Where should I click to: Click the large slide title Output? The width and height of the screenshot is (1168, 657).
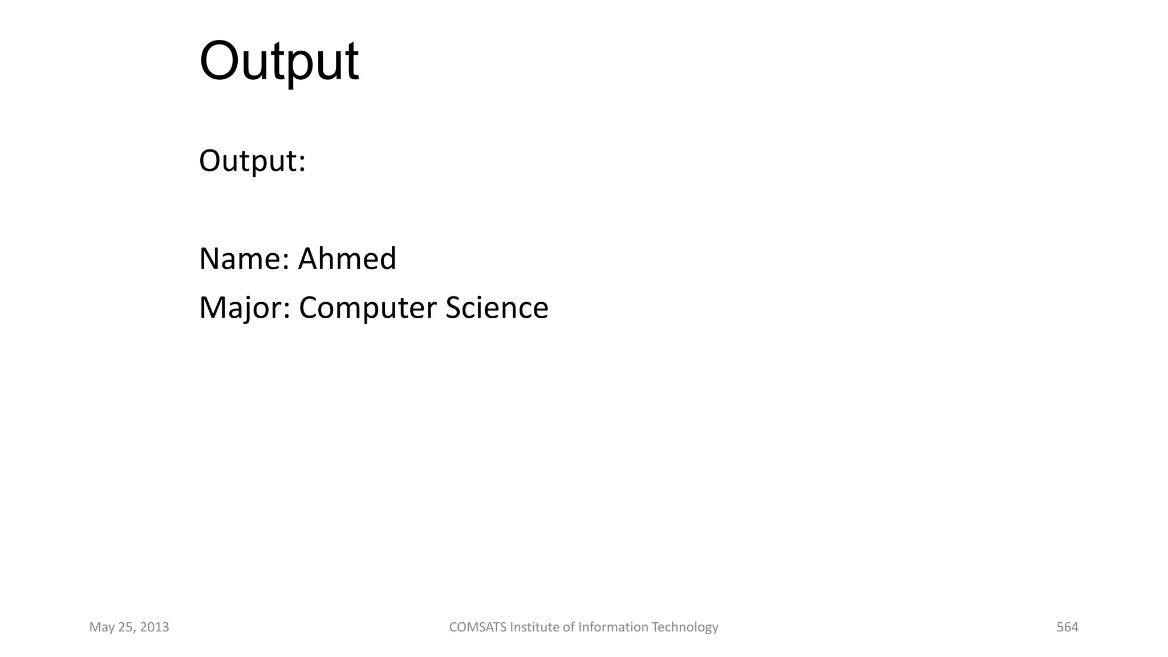point(279,62)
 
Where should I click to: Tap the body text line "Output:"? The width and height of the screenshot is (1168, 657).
point(252,161)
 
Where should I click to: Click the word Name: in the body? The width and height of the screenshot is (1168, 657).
point(245,259)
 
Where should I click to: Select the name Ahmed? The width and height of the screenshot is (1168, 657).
point(347,259)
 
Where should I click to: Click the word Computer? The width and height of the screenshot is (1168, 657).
point(368,309)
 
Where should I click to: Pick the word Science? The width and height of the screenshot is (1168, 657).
point(497,308)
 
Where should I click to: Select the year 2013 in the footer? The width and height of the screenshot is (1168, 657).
point(155,627)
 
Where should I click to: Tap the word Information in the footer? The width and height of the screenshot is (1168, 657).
point(614,627)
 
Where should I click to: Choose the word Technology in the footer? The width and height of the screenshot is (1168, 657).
point(685,627)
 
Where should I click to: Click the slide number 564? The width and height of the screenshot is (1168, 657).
point(1067,627)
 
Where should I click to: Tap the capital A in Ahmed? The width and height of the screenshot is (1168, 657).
point(307,259)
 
